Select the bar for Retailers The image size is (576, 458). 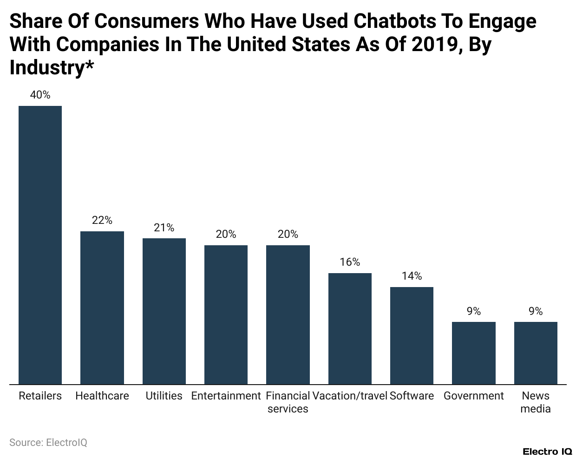coord(40,245)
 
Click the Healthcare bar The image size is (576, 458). coord(102,308)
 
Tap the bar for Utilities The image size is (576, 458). coord(164,311)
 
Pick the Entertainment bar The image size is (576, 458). coord(226,314)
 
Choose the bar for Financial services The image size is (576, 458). coord(288,314)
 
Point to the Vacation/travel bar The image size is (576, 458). coord(350,328)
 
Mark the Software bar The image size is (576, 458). coord(412,335)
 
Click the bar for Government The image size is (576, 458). coord(474,353)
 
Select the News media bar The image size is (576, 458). coord(536,353)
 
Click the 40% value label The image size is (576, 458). coord(40,95)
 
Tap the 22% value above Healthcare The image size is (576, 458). coord(102,220)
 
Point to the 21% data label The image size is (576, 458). coord(164,227)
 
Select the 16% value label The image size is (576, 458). coord(350,262)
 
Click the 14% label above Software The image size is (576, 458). coord(412,276)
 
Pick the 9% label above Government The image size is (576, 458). coord(474,311)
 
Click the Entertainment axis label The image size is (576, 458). coord(226,396)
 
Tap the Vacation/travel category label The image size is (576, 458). coord(350,396)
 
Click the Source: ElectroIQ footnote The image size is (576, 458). coord(48,442)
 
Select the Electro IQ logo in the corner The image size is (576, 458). coord(547,451)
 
